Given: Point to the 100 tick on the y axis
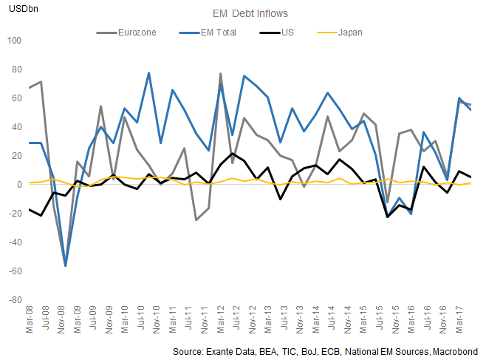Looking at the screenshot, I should coord(13,40).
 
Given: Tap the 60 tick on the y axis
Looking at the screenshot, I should coord(16,98).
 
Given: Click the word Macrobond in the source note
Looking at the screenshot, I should coord(455,351).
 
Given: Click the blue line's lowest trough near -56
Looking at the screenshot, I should coord(66,265).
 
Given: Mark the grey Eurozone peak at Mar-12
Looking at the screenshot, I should coord(221,73).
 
